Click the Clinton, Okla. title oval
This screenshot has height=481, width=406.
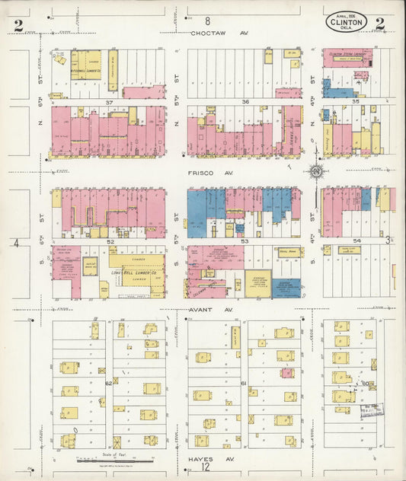346,21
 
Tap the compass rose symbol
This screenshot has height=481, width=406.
315,171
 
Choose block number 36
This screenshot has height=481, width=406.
245,101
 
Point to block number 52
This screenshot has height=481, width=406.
110,242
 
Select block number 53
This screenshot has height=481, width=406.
245,242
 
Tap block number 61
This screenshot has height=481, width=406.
244,383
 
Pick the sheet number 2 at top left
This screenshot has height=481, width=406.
18,24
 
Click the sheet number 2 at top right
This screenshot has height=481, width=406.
379,23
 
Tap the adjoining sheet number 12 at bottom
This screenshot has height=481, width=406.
206,470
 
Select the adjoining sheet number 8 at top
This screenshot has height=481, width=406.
207,22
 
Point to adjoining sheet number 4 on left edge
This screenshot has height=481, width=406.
15,243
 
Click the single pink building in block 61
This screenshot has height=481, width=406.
286,373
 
